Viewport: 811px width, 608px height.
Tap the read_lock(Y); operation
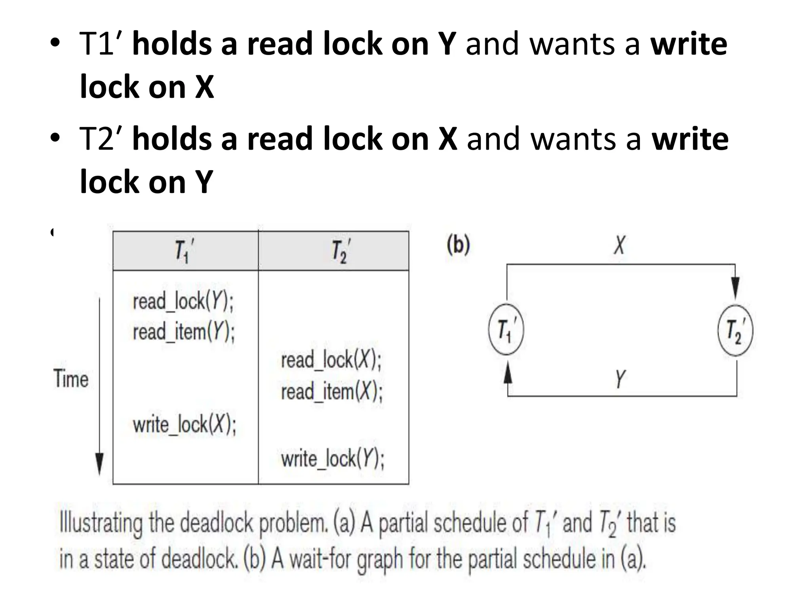click(183, 302)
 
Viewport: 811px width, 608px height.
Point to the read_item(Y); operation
click(184, 332)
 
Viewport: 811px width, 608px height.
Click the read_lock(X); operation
click(331, 360)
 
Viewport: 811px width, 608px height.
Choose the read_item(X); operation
click(332, 392)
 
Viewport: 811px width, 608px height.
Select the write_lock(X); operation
click(185, 425)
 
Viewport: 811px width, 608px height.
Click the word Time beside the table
click(71, 378)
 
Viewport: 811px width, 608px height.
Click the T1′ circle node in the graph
click(506, 330)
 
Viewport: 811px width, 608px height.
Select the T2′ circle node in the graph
click(735, 331)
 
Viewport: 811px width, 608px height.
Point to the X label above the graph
click(620, 245)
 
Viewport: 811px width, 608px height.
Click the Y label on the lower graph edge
click(620, 378)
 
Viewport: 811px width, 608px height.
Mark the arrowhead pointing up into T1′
click(508, 372)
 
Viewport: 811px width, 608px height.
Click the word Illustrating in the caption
click(101, 523)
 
